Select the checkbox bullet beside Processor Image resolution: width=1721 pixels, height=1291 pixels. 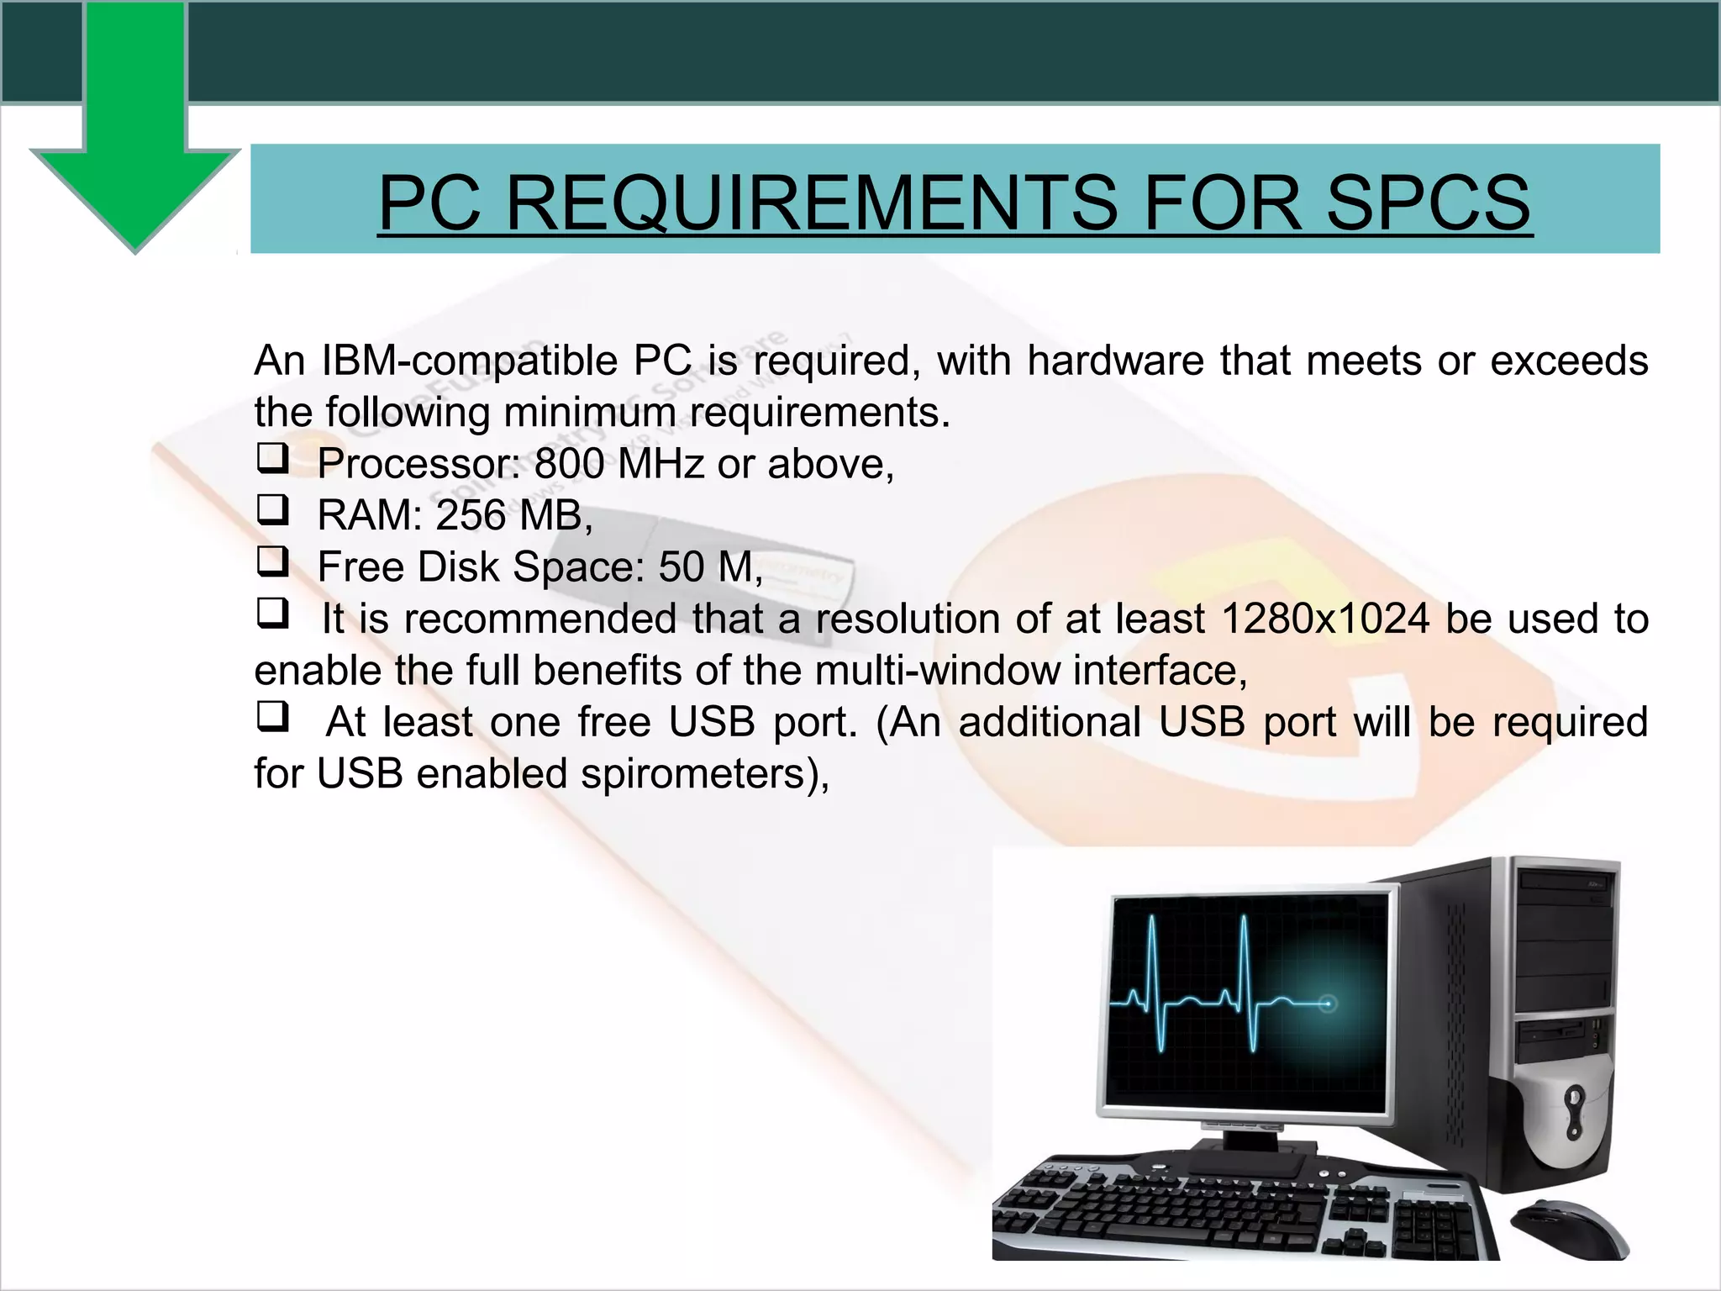click(x=272, y=459)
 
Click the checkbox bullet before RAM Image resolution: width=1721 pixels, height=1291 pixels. click(x=272, y=510)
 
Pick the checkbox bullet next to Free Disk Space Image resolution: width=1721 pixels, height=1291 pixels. click(x=272, y=561)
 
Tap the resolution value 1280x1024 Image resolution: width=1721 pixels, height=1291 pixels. click(x=1325, y=619)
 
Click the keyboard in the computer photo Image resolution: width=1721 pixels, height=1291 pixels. click(x=1244, y=1210)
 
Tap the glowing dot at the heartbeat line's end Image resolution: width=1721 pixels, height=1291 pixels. click(x=1328, y=1004)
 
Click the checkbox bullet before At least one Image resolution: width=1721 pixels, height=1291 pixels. click(x=272, y=717)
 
